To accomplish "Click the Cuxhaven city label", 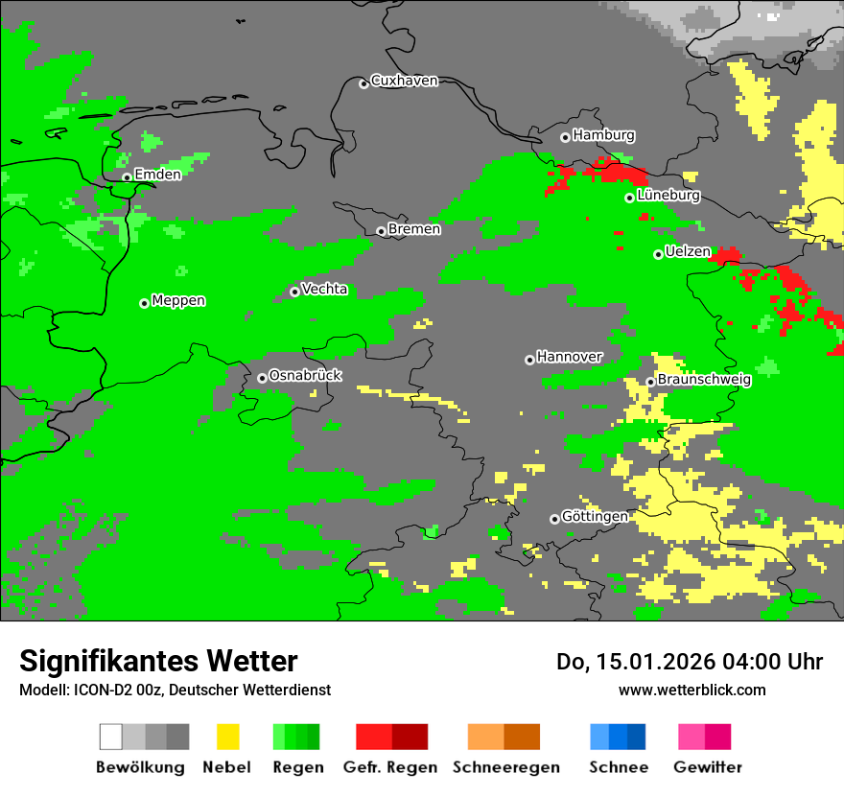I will pyautogui.click(x=404, y=81).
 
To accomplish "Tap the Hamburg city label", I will pyautogui.click(x=603, y=135).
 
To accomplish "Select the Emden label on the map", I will pyautogui.click(x=157, y=175).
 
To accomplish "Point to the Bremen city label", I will pyautogui.click(x=414, y=229).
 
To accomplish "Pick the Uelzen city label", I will pyautogui.click(x=688, y=252).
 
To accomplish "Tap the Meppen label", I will pyautogui.click(x=178, y=301).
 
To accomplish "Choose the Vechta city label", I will pyautogui.click(x=324, y=290).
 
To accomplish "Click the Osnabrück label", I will pyautogui.click(x=305, y=376).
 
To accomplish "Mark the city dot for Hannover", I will pyautogui.click(x=529, y=360).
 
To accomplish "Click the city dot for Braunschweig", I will pyautogui.click(x=650, y=382).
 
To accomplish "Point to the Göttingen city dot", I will pyautogui.click(x=554, y=519).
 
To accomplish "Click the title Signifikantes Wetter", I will pyautogui.click(x=158, y=661).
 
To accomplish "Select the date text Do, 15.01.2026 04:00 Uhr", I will pyautogui.click(x=690, y=662).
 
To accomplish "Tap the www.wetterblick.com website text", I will pyautogui.click(x=692, y=690).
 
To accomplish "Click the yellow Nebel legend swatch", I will pyautogui.click(x=227, y=737).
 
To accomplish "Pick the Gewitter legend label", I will pyautogui.click(x=708, y=767).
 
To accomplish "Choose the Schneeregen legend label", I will pyautogui.click(x=506, y=767).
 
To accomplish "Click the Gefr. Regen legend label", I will pyautogui.click(x=390, y=767).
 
